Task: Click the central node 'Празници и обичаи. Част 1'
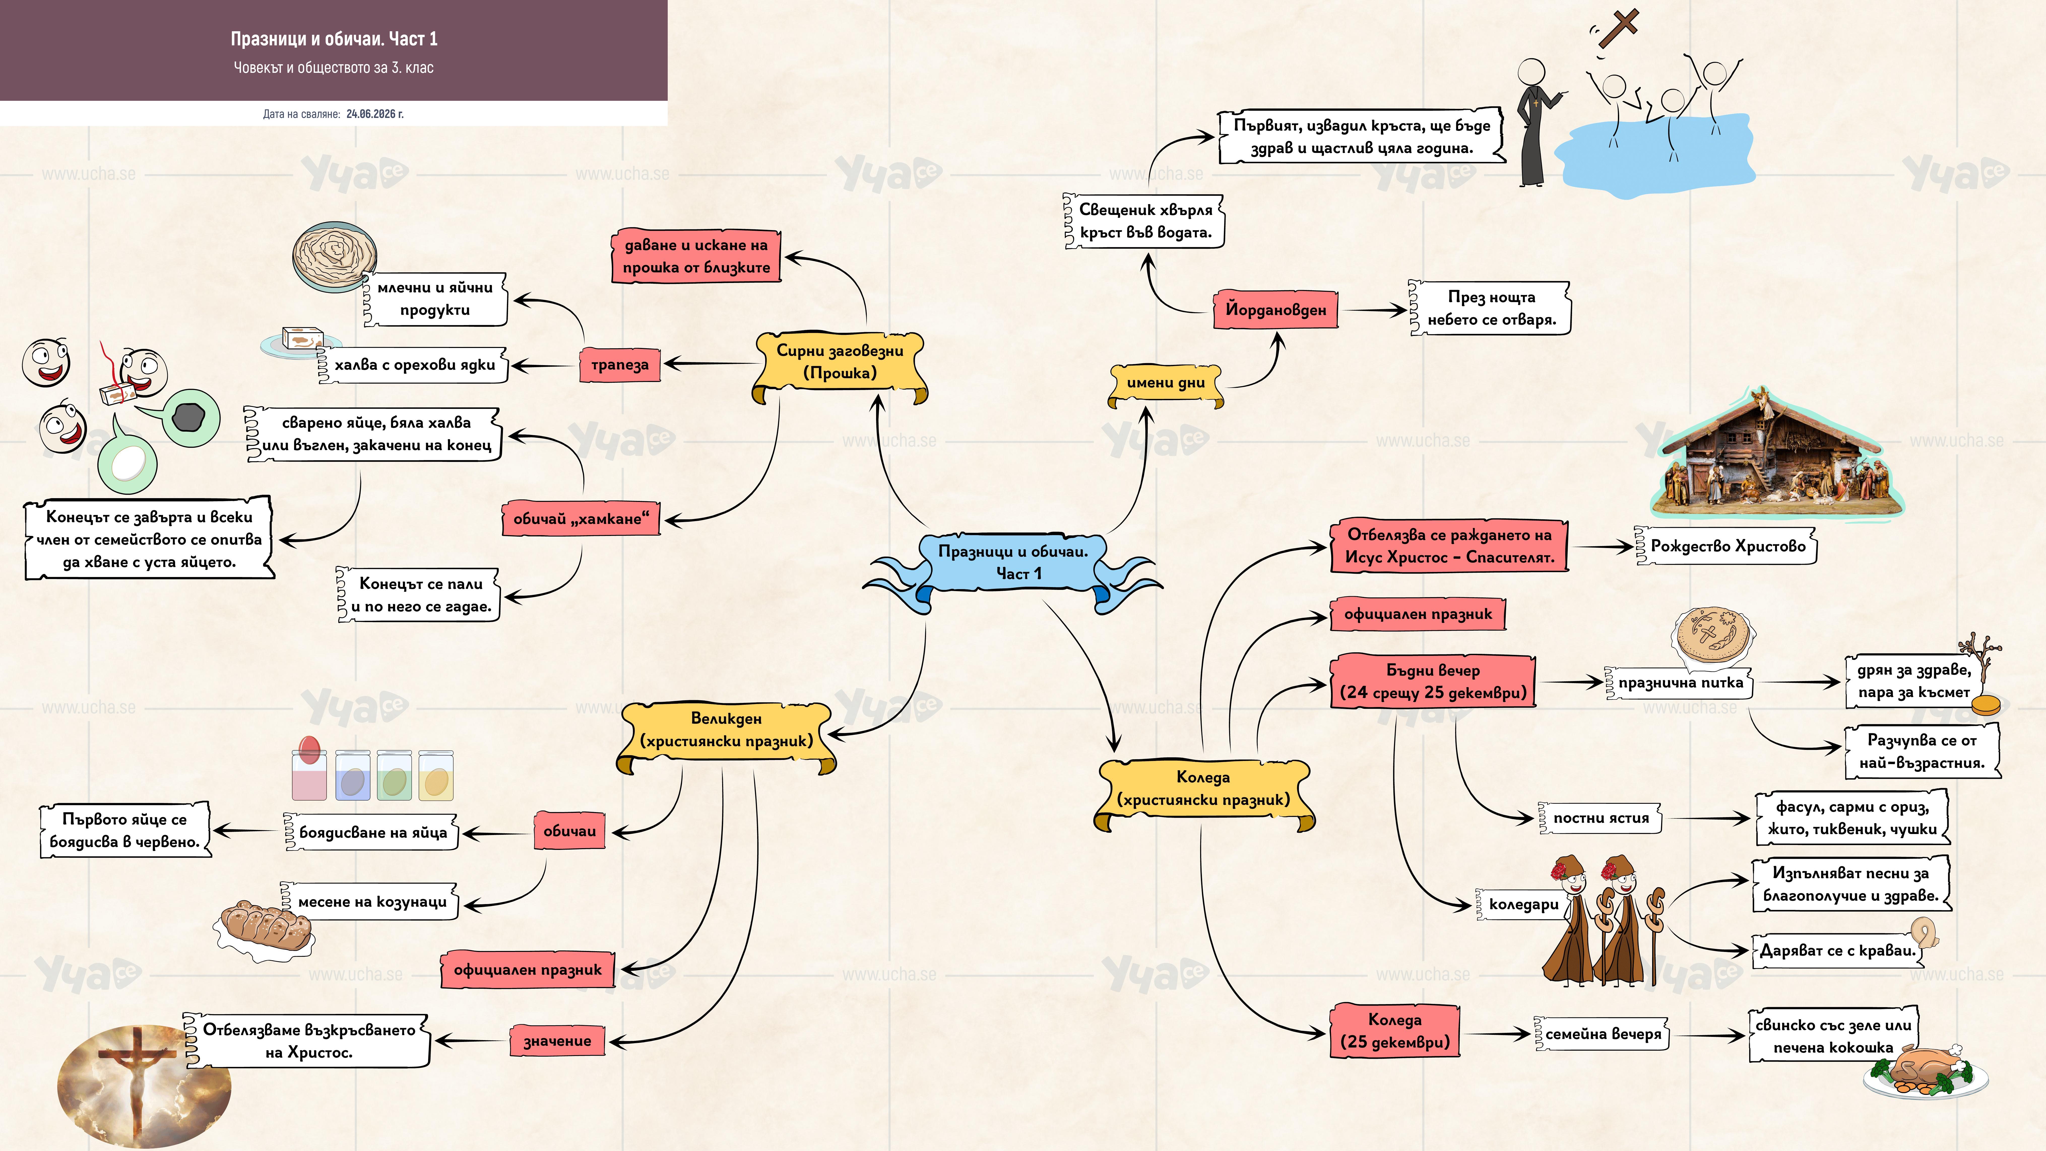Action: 1013,562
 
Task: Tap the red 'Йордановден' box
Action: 1275,310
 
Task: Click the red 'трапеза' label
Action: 620,365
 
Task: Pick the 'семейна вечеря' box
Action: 1602,1033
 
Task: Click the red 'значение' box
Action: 557,1041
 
